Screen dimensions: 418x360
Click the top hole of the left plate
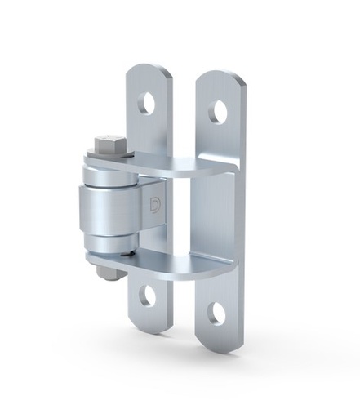[x=147, y=102]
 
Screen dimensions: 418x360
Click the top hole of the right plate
[x=218, y=112]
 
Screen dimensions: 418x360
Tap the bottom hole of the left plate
[x=147, y=296]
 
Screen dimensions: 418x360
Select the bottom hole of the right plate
[x=216, y=313]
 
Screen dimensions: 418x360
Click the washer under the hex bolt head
[x=108, y=158]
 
